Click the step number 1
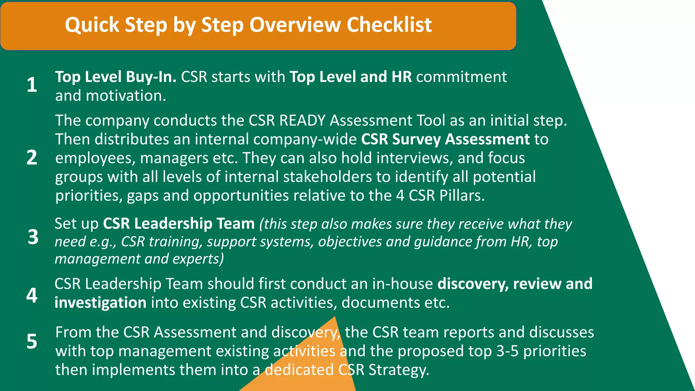(x=32, y=85)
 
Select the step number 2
(x=32, y=157)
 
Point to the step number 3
(x=33, y=237)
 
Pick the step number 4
(x=32, y=295)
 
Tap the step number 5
(x=32, y=341)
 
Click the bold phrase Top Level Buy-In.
(x=116, y=77)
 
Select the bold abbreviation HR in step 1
(x=401, y=77)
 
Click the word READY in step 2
(x=302, y=120)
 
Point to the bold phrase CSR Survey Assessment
(x=445, y=139)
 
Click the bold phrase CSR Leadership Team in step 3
(x=179, y=224)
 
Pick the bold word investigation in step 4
(x=100, y=303)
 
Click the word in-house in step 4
(x=402, y=284)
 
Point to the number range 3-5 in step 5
(x=507, y=351)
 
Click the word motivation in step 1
(x=126, y=96)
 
